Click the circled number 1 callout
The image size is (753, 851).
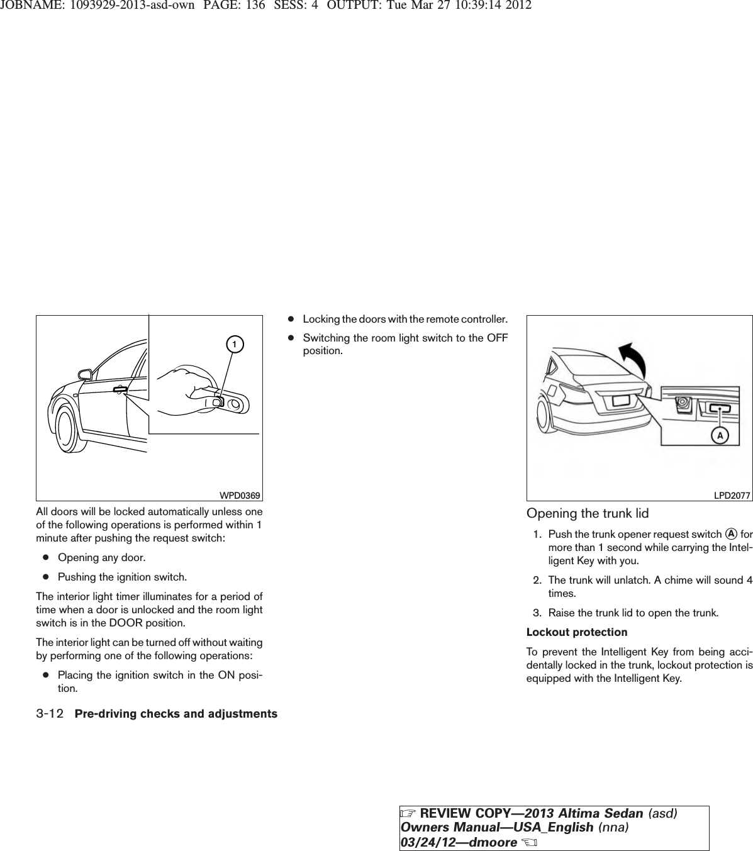(x=233, y=345)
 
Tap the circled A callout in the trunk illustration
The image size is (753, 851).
(x=720, y=435)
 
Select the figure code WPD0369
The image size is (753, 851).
(x=242, y=496)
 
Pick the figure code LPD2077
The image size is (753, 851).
(x=732, y=496)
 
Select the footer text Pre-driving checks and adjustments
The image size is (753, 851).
(x=176, y=714)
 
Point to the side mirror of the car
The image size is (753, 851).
(x=84, y=374)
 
